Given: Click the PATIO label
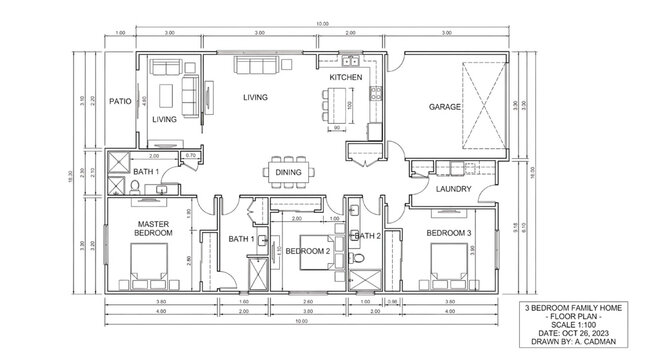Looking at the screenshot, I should click(120, 101).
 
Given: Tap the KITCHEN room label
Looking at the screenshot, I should click(345, 77).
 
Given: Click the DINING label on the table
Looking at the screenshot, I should click(290, 172).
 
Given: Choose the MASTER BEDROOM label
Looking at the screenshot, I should click(153, 228).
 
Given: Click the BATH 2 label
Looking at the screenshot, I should click(366, 235).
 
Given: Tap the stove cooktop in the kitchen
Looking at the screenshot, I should click(375, 96).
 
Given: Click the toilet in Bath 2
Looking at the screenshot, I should click(357, 262).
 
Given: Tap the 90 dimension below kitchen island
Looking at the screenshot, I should click(337, 128).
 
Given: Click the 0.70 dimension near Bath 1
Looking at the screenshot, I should click(190, 156).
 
